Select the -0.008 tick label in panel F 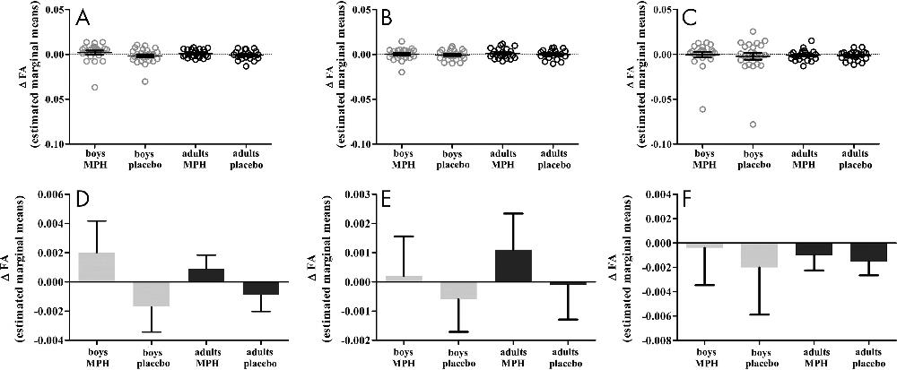[x=644, y=341]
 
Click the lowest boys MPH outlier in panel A [x=93, y=87]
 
